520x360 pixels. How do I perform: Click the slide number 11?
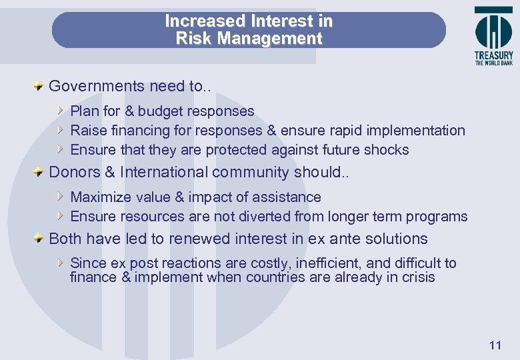click(495, 345)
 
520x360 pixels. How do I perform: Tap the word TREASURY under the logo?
click(494, 56)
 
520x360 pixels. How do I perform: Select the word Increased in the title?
click(205, 21)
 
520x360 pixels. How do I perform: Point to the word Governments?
click(97, 86)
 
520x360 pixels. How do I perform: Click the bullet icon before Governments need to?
click(40, 86)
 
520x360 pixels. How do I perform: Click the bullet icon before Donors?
click(40, 172)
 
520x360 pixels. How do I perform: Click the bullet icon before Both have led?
click(40, 239)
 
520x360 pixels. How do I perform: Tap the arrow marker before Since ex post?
click(61, 263)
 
